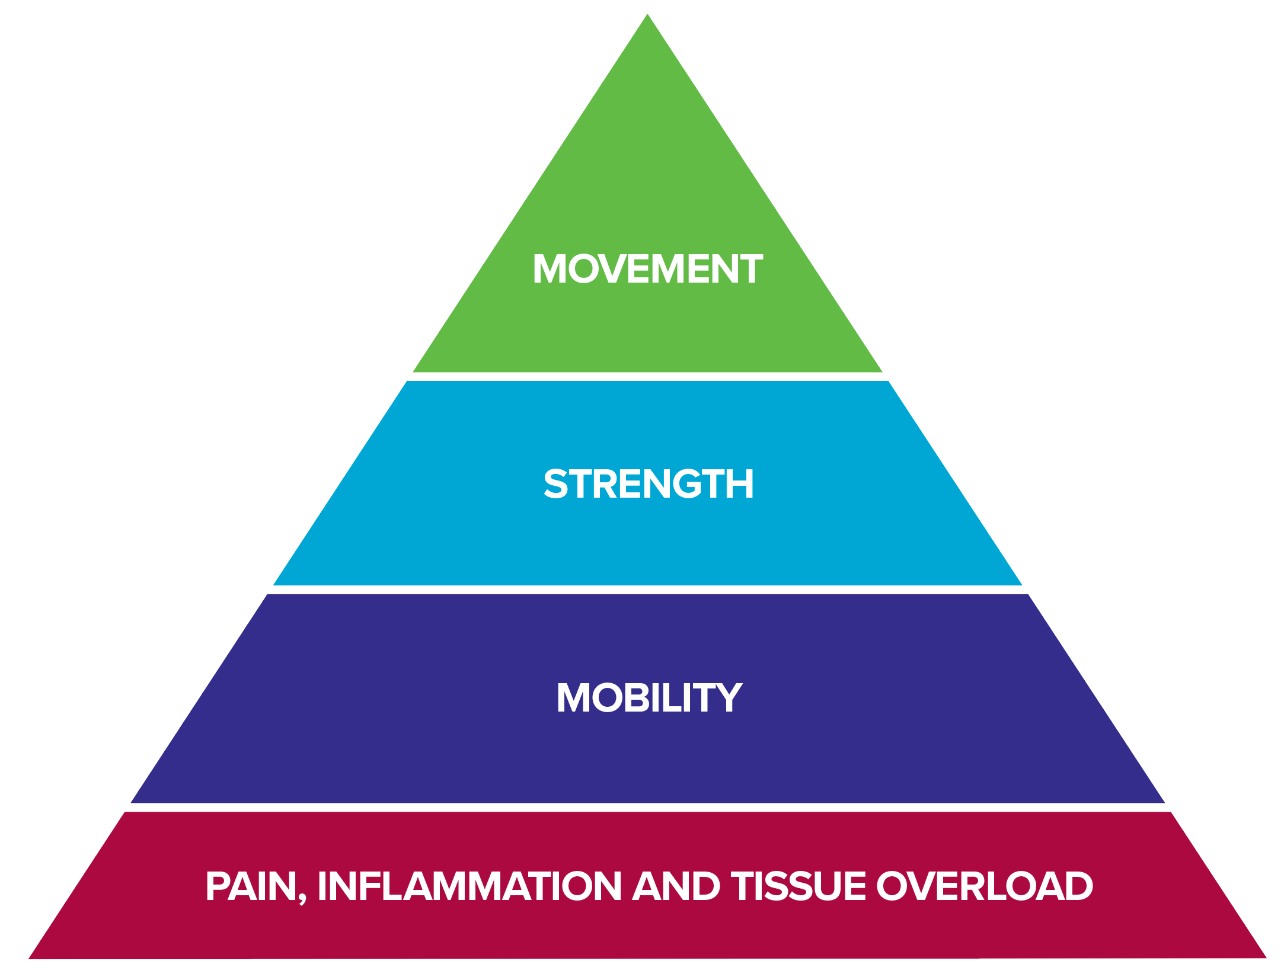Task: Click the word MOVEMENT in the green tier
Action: [647, 269]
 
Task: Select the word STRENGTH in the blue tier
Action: [648, 484]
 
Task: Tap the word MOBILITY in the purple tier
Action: [649, 697]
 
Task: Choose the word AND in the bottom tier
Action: [676, 886]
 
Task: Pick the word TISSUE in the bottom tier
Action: [798, 886]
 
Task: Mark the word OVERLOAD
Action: [984, 886]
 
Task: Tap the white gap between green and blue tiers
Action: [647, 377]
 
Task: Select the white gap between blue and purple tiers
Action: [647, 590]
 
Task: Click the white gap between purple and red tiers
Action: [647, 808]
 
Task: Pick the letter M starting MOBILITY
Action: [571, 697]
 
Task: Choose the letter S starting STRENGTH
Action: [556, 484]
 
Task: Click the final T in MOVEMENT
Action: [750, 269]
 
